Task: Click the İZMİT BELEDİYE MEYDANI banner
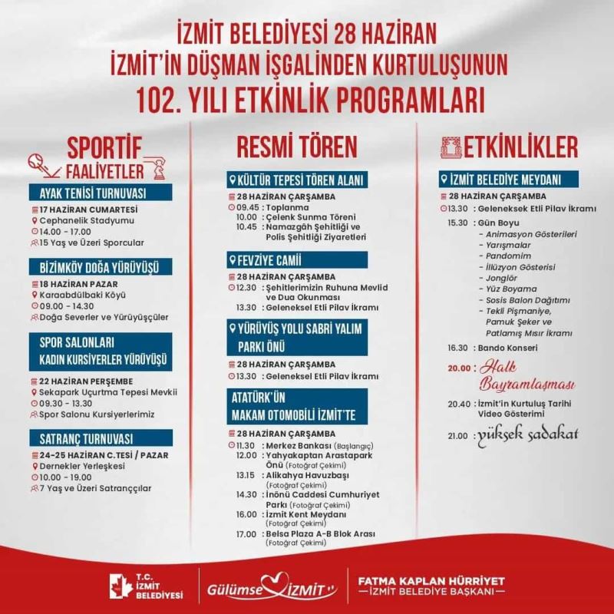[502, 180]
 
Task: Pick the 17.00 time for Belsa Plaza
[246, 533]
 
